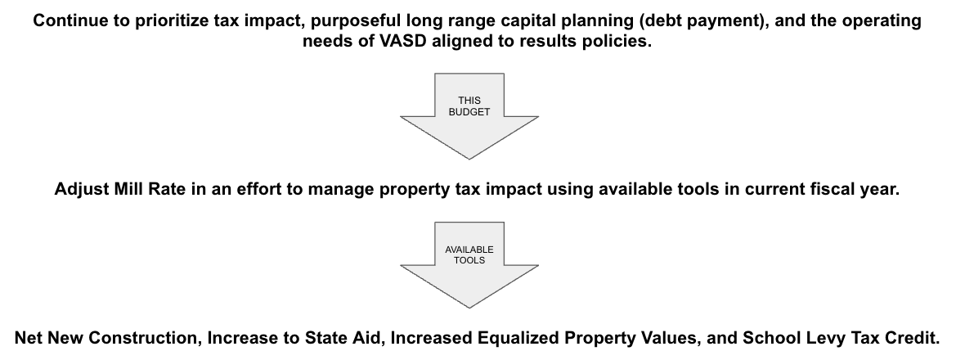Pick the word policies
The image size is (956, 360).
pos(622,43)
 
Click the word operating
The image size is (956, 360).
pos(884,22)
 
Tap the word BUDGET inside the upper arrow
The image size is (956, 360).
pos(469,112)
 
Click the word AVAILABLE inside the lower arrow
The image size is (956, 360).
pos(469,249)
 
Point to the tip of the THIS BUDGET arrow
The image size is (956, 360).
pos(469,158)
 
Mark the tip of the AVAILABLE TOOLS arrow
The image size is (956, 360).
pos(469,307)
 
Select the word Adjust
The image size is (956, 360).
pos(79,189)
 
